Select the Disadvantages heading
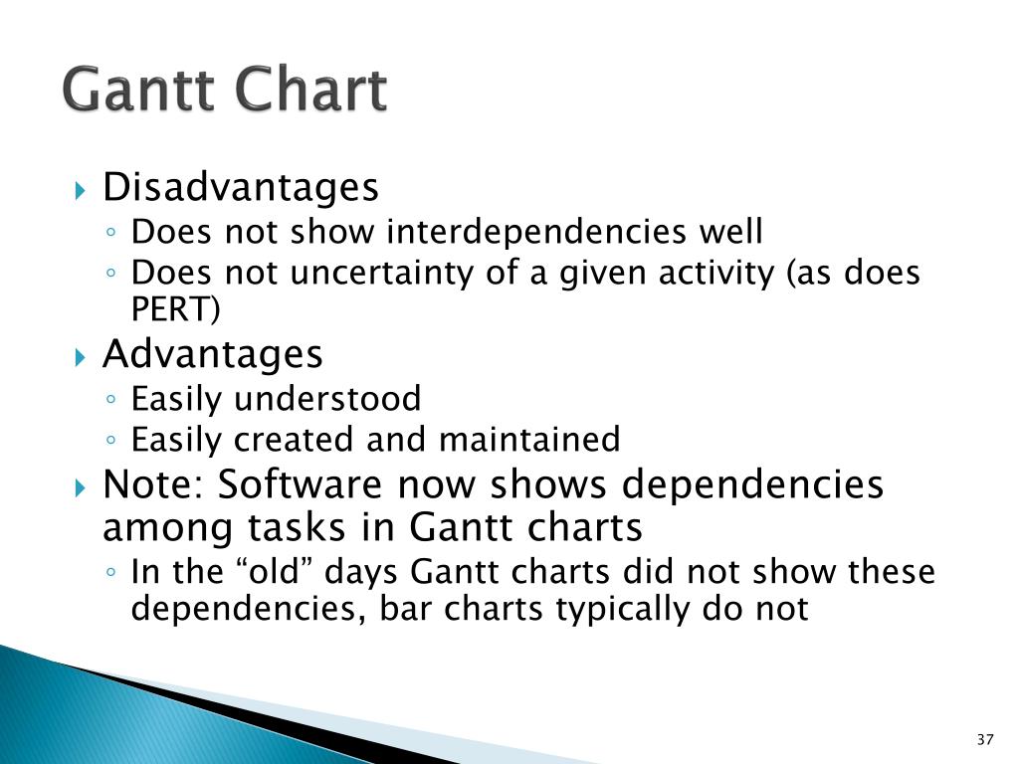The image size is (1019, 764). [241, 188]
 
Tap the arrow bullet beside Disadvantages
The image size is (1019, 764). [80, 190]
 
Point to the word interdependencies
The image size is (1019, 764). [536, 232]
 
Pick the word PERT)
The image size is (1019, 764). [175, 309]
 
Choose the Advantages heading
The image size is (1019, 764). [213, 355]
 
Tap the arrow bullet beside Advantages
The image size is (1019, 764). [80, 357]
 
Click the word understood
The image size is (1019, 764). [327, 398]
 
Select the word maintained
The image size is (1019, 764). [529, 439]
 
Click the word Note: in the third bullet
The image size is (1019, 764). [153, 484]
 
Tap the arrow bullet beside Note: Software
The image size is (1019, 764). [80, 487]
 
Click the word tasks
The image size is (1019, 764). [296, 527]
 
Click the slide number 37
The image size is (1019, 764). [985, 739]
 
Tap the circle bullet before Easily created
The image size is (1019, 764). [111, 441]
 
